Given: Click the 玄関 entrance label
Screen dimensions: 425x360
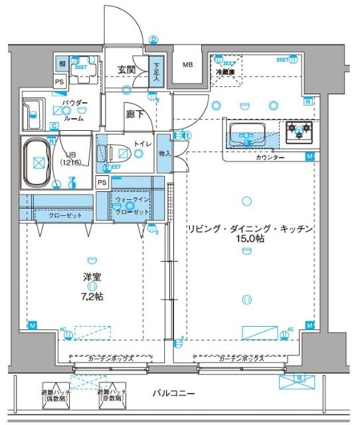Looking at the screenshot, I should [127, 69].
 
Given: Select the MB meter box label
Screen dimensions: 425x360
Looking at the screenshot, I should [189, 65].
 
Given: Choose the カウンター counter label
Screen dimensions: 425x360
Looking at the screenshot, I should [269, 157].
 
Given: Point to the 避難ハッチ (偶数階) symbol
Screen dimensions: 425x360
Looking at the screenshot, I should [56, 393].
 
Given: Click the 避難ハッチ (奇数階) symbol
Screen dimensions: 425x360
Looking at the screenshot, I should [112, 393].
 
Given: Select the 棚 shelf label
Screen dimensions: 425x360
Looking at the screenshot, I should [61, 63].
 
